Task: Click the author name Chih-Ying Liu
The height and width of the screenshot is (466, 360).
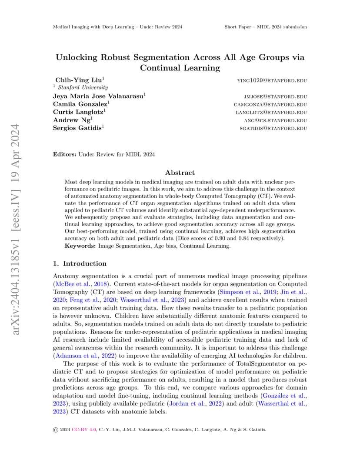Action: coord(80,80)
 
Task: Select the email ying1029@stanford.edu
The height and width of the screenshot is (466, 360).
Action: coord(272,81)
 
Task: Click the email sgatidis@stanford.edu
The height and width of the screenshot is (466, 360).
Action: coord(273,128)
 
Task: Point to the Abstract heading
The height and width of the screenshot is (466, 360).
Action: coord(180,173)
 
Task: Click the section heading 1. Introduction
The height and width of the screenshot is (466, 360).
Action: coord(80,263)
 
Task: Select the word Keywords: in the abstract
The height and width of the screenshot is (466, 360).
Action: coord(80,246)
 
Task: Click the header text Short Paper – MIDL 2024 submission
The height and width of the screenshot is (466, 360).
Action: coord(266,27)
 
